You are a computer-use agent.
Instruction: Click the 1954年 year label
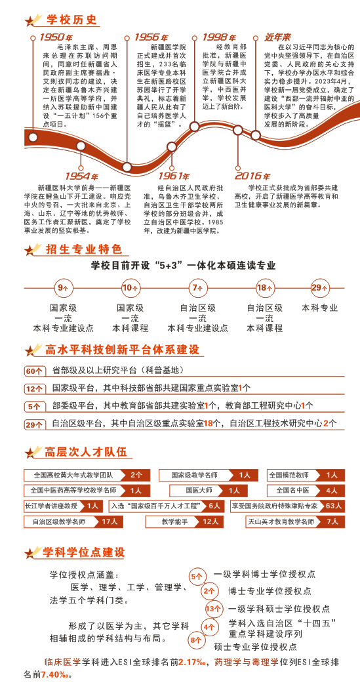click(x=81, y=176)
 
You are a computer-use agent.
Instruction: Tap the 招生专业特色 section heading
click(x=84, y=249)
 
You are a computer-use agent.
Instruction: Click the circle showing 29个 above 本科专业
click(x=319, y=287)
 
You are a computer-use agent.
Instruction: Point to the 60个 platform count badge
click(x=34, y=371)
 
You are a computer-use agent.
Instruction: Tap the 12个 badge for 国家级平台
click(x=34, y=388)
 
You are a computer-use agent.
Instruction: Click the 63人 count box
click(x=333, y=506)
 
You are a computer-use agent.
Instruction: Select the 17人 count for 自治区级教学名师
click(x=109, y=521)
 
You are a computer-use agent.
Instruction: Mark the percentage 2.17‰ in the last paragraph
click(x=191, y=663)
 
